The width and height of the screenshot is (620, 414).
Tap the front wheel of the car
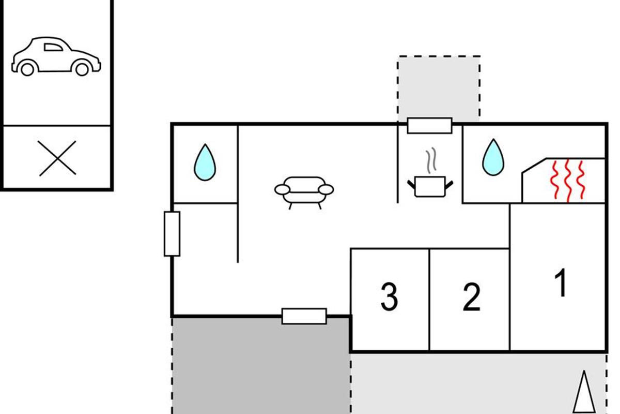(82, 69)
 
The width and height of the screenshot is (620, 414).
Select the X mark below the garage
(57, 158)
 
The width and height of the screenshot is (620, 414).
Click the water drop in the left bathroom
(205, 162)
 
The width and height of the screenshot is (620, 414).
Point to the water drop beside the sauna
(493, 157)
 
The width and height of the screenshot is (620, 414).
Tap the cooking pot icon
(430, 186)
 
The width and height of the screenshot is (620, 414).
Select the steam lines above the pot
(431, 160)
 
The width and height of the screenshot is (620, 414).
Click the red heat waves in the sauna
(567, 181)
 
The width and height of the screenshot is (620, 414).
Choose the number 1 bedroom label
(561, 283)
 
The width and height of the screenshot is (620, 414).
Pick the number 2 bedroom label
(471, 297)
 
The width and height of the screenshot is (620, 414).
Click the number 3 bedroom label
(390, 297)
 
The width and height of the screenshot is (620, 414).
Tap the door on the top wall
(429, 126)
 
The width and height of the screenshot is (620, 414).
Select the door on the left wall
(172, 234)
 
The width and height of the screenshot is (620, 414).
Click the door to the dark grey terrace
(304, 316)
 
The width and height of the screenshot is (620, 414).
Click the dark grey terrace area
(261, 366)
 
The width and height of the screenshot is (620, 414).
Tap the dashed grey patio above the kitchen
(439, 88)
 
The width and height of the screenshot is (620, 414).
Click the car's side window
(53, 47)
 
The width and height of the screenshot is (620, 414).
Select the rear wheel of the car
(27, 69)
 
